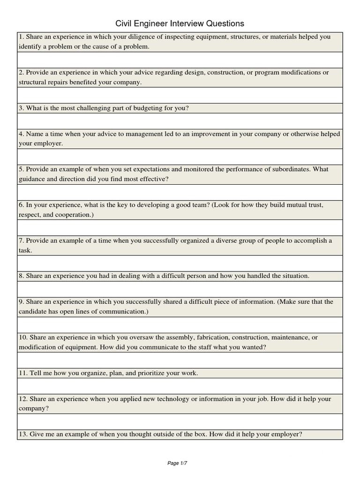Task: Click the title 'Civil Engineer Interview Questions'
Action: [180, 23]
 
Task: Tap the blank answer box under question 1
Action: [180, 60]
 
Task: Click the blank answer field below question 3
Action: [180, 121]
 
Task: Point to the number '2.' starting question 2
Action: [22, 73]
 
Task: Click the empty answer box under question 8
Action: [180, 289]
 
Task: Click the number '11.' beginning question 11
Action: [23, 373]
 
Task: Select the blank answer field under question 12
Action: [180, 421]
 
